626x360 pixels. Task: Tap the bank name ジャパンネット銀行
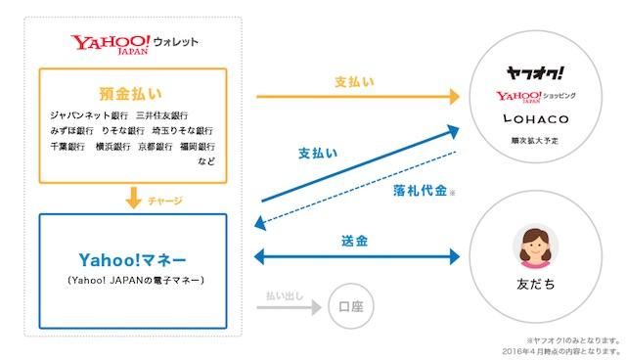[x=90, y=113]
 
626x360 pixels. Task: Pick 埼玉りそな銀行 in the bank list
[x=185, y=130]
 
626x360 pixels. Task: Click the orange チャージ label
[x=166, y=200]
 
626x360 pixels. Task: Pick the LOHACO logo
[x=535, y=119]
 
